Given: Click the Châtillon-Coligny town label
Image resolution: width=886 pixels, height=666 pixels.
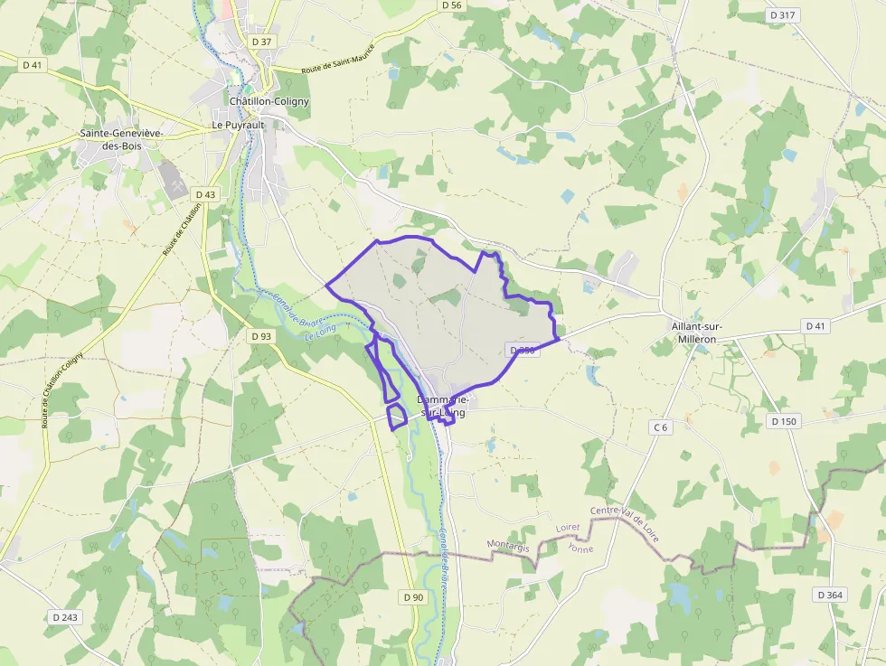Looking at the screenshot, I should (x=269, y=101).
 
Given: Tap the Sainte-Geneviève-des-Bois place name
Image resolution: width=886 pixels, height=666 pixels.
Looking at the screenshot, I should (x=121, y=139).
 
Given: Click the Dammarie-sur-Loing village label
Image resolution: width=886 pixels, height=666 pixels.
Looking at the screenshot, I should (x=442, y=406).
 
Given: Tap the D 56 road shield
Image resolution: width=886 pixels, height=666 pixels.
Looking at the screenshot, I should (x=452, y=5).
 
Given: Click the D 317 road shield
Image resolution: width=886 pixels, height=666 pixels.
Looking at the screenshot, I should (x=783, y=15).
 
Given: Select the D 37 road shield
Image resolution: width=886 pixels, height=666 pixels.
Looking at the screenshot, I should (x=262, y=42).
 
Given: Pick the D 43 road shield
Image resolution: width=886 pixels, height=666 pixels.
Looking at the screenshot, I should (x=205, y=194).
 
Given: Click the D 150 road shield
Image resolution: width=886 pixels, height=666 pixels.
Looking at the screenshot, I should (x=784, y=421).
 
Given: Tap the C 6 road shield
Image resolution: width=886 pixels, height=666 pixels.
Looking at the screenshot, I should (x=660, y=427).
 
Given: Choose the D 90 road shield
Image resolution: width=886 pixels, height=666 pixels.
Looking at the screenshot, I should (x=413, y=597).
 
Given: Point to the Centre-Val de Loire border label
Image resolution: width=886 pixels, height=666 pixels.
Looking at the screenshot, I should (x=625, y=526).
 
